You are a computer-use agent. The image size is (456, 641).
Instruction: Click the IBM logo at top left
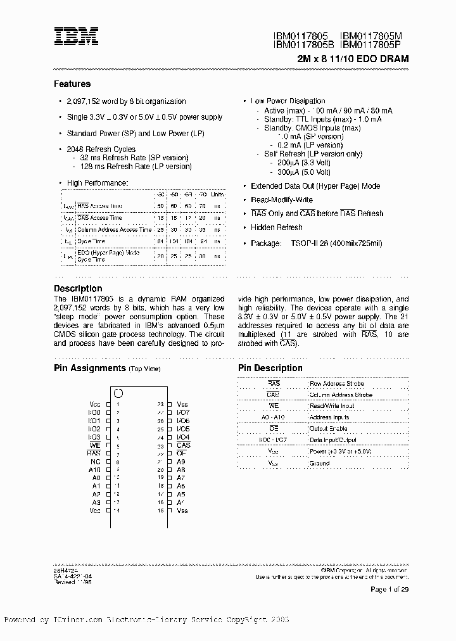coord(75,37)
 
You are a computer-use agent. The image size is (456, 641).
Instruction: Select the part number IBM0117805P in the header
coord(374,45)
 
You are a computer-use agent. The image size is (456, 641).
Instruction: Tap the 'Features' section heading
coord(72,84)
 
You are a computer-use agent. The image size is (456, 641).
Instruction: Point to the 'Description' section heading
coord(78,289)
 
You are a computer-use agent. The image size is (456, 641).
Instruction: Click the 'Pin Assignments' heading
coord(89,368)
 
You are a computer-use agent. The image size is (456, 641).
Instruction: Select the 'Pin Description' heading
coord(270,368)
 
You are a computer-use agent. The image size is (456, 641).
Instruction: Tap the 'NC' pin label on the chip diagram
coord(96,462)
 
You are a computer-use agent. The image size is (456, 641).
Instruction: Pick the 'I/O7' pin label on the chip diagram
coord(183,412)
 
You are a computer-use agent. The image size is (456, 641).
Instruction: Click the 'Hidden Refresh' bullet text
coord(276,227)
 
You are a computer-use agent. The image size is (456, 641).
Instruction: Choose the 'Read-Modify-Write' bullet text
coord(282,200)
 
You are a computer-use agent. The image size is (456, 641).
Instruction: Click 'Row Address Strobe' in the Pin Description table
coord(336,384)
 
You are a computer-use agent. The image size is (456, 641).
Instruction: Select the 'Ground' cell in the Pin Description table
coord(319,463)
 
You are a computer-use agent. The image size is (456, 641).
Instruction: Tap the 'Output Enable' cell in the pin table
coord(328,428)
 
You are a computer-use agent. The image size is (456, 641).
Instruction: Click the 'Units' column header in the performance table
coord(217,194)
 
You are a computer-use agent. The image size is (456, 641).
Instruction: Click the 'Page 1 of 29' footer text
coord(389,590)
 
